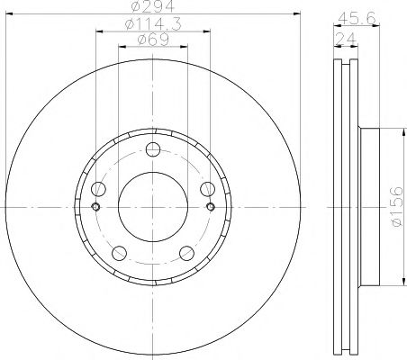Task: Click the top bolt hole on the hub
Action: tap(152, 149)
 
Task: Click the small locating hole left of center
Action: tap(95, 207)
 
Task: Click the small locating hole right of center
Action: tap(210, 207)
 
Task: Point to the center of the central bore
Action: tap(152, 207)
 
